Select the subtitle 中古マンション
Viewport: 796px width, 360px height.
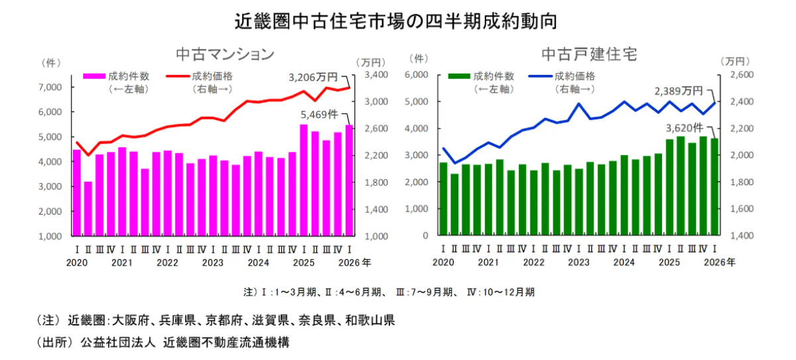click(224, 54)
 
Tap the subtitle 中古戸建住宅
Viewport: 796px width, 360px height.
click(589, 54)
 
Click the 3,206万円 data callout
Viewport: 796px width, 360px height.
click(313, 77)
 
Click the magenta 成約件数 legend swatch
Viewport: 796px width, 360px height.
click(94, 76)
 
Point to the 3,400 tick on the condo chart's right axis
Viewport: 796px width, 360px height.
click(375, 75)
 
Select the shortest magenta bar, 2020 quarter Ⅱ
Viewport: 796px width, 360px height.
click(88, 208)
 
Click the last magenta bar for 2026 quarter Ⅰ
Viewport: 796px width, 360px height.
click(349, 180)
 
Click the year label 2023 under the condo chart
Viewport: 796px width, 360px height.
click(212, 262)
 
